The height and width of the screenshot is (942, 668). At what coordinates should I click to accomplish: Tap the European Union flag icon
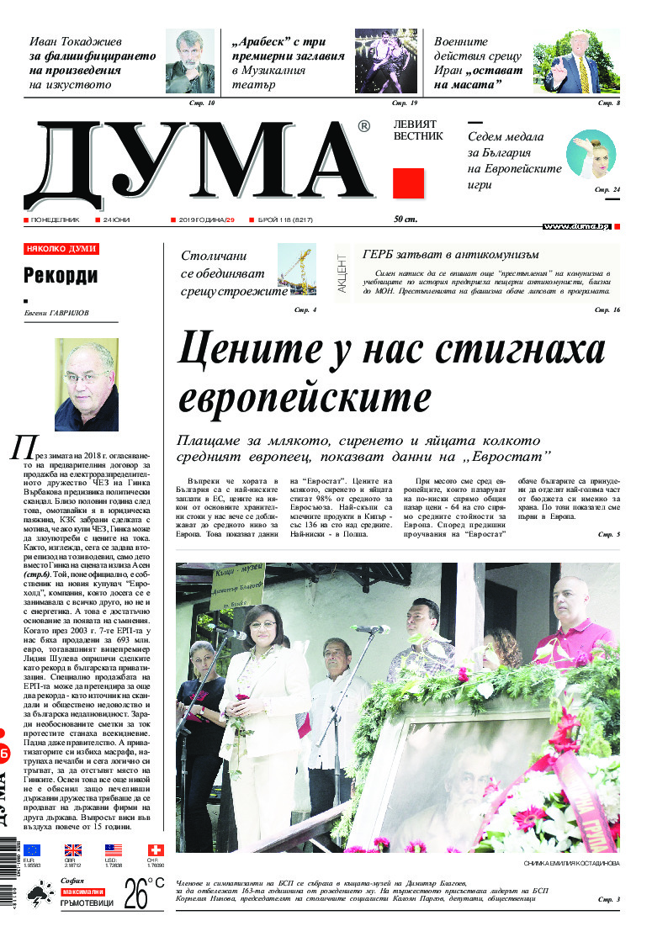[x=32, y=850]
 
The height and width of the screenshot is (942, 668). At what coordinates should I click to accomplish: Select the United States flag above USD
[x=114, y=850]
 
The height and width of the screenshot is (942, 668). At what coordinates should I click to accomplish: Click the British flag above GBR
[x=73, y=850]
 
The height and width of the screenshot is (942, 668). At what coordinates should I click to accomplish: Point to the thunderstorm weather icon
[x=38, y=900]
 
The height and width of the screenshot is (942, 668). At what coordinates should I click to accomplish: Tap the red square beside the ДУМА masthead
[x=408, y=183]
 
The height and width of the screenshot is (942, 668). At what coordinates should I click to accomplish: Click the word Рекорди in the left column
[x=61, y=275]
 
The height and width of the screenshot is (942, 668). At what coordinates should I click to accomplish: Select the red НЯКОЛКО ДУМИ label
[x=61, y=249]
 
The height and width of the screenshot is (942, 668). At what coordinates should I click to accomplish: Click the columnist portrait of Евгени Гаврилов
[x=86, y=384]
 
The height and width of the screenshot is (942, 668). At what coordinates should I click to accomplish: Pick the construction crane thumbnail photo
[x=295, y=269]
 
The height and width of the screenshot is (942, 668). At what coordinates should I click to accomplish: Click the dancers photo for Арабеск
[x=386, y=61]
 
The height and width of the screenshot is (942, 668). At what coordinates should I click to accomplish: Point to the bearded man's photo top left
[x=189, y=61]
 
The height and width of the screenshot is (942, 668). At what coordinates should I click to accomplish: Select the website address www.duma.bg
[x=575, y=226]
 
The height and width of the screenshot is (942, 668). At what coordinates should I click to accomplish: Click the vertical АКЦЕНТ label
[x=342, y=273]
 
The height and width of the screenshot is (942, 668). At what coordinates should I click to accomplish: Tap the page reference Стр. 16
[x=607, y=310]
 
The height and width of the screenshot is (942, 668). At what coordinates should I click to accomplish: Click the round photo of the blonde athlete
[x=591, y=154]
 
